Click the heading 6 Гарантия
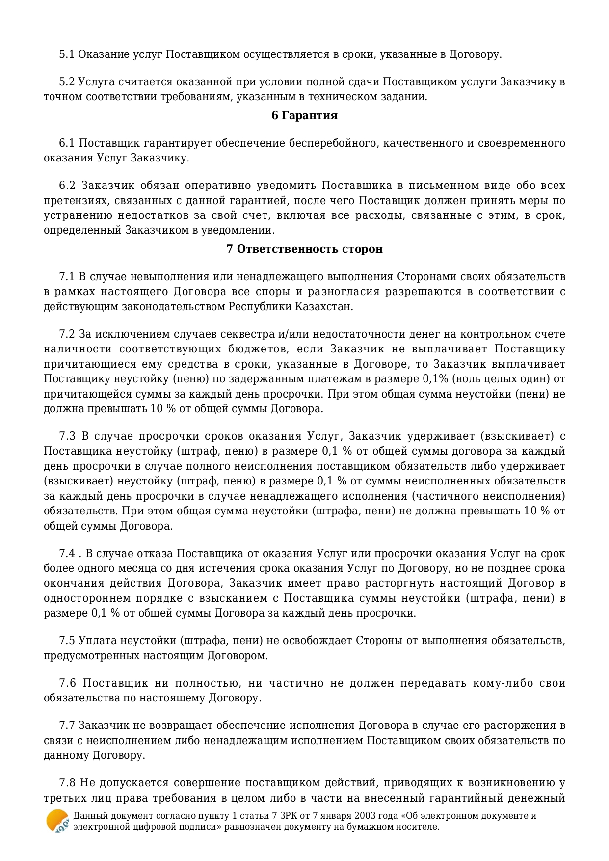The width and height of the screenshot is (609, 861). click(x=304, y=115)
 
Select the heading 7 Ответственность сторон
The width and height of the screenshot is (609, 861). click(x=304, y=249)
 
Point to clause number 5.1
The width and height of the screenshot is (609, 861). click(x=67, y=54)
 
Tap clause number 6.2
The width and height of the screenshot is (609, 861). click(x=67, y=186)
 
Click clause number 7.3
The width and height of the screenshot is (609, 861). click(x=67, y=436)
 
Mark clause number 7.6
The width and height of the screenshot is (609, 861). click(x=67, y=683)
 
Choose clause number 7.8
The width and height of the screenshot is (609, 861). click(x=67, y=783)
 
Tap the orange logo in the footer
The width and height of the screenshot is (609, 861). click(x=57, y=821)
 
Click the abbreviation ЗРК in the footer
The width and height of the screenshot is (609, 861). click(x=290, y=816)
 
